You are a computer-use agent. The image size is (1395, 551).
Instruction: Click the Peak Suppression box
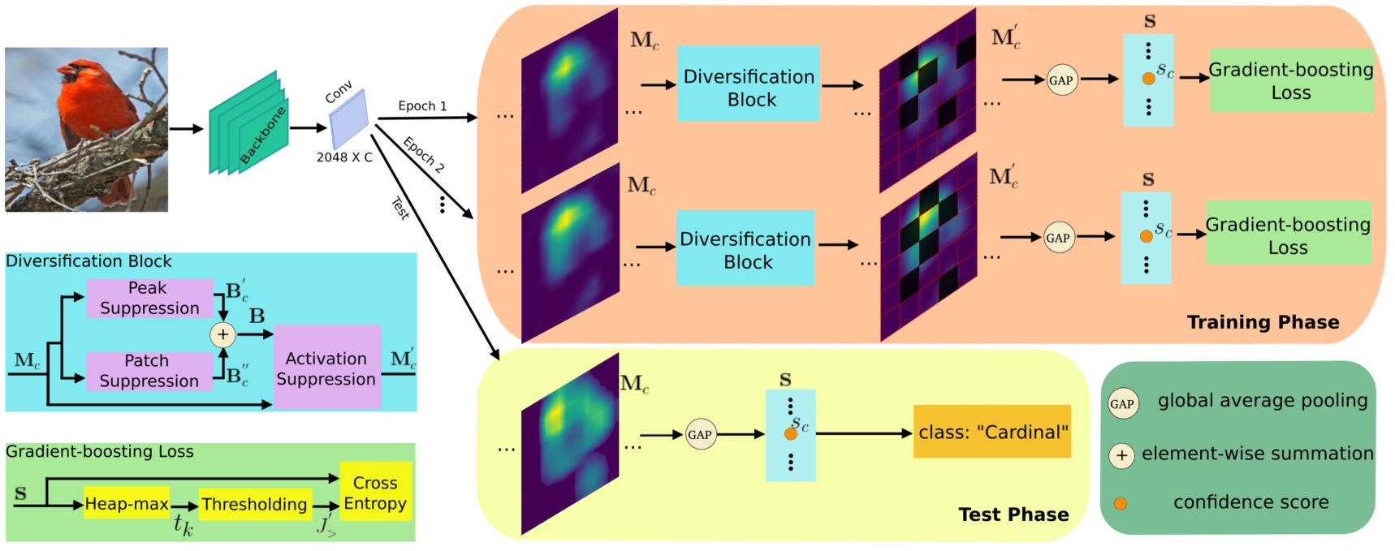(149, 298)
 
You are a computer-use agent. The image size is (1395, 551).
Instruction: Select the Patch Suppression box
(149, 371)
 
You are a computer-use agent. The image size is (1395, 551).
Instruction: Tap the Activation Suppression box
(326, 368)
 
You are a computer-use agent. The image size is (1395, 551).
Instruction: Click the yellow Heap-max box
(127, 504)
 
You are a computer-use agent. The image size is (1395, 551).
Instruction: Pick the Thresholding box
(254, 504)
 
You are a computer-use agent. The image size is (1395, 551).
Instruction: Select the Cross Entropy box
(375, 493)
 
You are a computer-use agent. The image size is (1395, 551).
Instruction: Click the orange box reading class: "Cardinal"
(992, 432)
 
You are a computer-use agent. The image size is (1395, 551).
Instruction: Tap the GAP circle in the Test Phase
(700, 434)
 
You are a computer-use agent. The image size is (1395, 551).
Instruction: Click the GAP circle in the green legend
(1122, 403)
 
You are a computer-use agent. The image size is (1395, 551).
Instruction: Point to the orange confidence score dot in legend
(1121, 503)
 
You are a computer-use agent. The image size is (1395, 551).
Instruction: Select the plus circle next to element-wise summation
(1121, 455)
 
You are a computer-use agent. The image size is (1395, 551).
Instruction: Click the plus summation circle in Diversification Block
(222, 334)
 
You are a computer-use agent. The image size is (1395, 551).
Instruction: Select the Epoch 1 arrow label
(422, 105)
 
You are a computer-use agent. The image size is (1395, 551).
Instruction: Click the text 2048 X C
(344, 157)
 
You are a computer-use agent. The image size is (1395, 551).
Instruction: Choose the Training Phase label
(1263, 322)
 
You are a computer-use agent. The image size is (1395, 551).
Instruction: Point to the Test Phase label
(1013, 514)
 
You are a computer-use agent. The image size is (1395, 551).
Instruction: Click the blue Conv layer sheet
(349, 119)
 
